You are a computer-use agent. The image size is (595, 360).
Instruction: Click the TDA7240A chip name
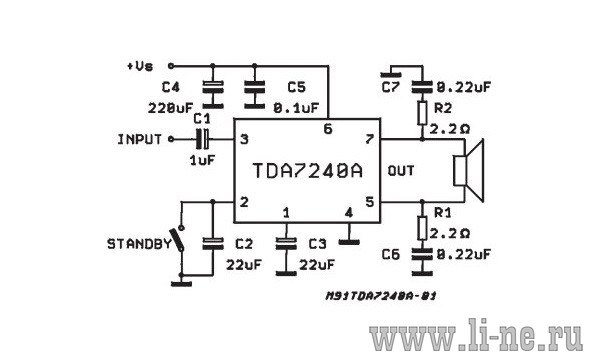(x=307, y=171)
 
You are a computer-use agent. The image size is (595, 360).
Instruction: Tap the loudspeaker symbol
(x=469, y=171)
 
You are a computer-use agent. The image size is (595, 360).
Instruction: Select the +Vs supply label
(x=140, y=66)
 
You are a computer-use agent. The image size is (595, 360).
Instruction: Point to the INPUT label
(x=139, y=140)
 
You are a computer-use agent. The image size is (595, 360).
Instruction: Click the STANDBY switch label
(x=139, y=244)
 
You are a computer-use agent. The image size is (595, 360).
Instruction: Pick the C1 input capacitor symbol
(x=202, y=139)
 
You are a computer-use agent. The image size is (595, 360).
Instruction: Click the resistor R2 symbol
(x=422, y=113)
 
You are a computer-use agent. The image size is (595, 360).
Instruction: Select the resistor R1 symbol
(x=422, y=228)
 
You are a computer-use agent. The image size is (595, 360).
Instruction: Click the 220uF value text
(x=170, y=108)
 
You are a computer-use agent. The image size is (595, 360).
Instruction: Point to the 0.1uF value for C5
(x=296, y=108)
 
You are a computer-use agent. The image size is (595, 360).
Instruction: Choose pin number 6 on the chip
(x=328, y=129)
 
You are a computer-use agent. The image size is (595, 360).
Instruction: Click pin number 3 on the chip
(x=244, y=139)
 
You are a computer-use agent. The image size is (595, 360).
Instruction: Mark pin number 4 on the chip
(x=349, y=212)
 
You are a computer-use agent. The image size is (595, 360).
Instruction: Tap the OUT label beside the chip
(x=401, y=171)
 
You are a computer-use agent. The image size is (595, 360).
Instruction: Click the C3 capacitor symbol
(x=286, y=244)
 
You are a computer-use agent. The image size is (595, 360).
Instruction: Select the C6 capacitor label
(x=391, y=254)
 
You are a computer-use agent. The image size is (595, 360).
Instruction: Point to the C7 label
(x=391, y=88)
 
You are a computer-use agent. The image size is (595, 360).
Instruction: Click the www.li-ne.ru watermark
(x=476, y=335)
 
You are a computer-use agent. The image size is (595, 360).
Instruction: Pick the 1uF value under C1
(x=202, y=160)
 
